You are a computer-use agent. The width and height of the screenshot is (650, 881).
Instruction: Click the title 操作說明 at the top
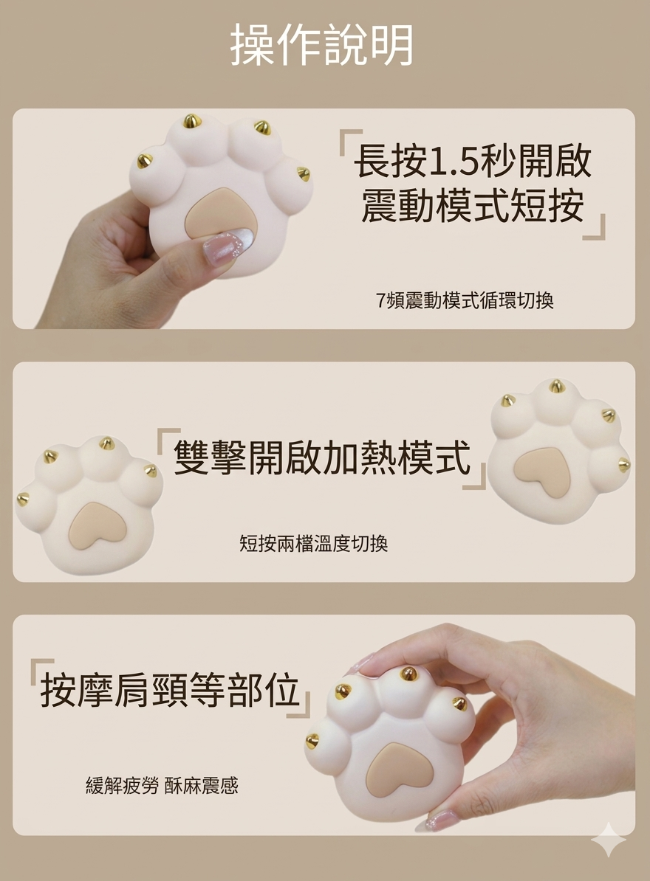pyautogui.click(x=322, y=45)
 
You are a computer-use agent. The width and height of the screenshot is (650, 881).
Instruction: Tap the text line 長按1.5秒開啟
pyautogui.click(x=473, y=162)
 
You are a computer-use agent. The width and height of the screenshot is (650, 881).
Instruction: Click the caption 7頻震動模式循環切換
pyautogui.click(x=465, y=300)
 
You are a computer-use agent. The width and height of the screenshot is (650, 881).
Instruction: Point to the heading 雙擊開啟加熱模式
pyautogui.click(x=322, y=458)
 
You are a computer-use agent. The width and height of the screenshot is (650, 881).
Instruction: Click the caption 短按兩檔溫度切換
pyautogui.click(x=313, y=544)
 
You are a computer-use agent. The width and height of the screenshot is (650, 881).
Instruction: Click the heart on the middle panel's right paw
pyautogui.click(x=543, y=470)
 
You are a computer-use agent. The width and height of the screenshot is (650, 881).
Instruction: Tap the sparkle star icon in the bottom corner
pyautogui.click(x=608, y=839)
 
